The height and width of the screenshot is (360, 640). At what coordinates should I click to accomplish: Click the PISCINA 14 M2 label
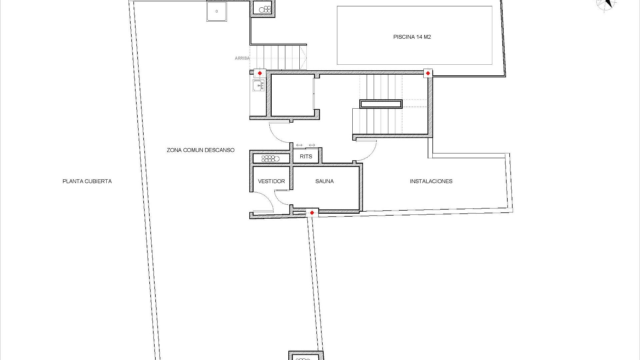point(412,37)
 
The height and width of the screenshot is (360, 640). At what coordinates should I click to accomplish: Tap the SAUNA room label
point(324,181)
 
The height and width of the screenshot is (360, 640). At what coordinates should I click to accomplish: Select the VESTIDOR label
point(271,181)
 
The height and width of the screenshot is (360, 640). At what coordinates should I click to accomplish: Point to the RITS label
point(306,156)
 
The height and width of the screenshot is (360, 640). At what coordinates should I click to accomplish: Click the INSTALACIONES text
point(431,181)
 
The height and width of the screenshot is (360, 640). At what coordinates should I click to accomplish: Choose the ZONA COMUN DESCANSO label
point(200,150)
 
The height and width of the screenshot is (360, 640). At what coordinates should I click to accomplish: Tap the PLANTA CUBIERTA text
point(87,181)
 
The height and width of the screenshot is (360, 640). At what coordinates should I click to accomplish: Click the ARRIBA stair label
point(242,58)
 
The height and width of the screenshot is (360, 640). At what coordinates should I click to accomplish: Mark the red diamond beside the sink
point(260,73)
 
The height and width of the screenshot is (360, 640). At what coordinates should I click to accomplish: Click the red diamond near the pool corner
point(428,73)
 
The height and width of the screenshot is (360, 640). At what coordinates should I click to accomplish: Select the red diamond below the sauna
point(312,213)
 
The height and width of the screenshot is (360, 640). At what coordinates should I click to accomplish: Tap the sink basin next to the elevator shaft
point(258,86)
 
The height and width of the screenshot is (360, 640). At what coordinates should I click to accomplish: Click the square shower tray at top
point(217,11)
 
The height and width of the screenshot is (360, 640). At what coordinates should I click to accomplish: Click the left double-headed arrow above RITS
point(299,145)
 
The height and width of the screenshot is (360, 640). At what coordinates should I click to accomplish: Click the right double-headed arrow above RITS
point(312,145)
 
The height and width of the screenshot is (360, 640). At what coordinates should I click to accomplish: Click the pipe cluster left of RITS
point(270,158)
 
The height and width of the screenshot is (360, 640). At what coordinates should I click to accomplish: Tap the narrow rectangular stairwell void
point(381,104)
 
